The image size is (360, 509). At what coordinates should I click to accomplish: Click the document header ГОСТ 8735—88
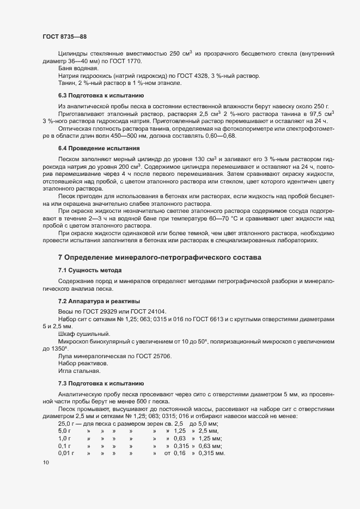(x=64, y=36)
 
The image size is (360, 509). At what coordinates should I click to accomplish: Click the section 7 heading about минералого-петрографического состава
(x=160, y=257)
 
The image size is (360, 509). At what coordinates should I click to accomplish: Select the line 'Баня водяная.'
(x=75, y=68)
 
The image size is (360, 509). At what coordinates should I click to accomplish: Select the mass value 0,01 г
(x=66, y=453)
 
